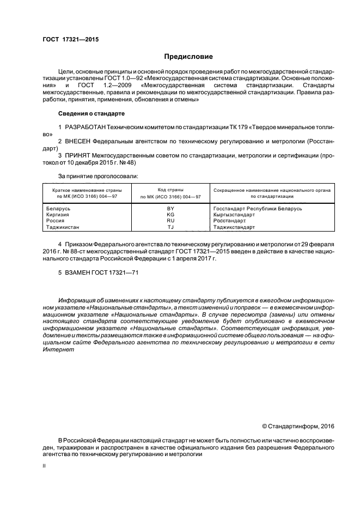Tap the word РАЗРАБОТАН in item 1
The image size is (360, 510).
(85, 126)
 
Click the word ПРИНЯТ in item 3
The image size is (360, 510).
(79, 155)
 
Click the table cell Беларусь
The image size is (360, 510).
(58, 209)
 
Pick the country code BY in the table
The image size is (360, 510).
(170, 209)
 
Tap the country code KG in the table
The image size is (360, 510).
(170, 215)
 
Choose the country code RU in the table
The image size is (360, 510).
(170, 221)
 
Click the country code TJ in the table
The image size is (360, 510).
(170, 227)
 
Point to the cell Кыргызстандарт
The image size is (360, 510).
(234, 215)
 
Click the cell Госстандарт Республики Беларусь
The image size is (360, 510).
(257, 209)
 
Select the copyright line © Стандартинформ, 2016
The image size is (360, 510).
(298, 426)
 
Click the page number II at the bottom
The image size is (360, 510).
(44, 466)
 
